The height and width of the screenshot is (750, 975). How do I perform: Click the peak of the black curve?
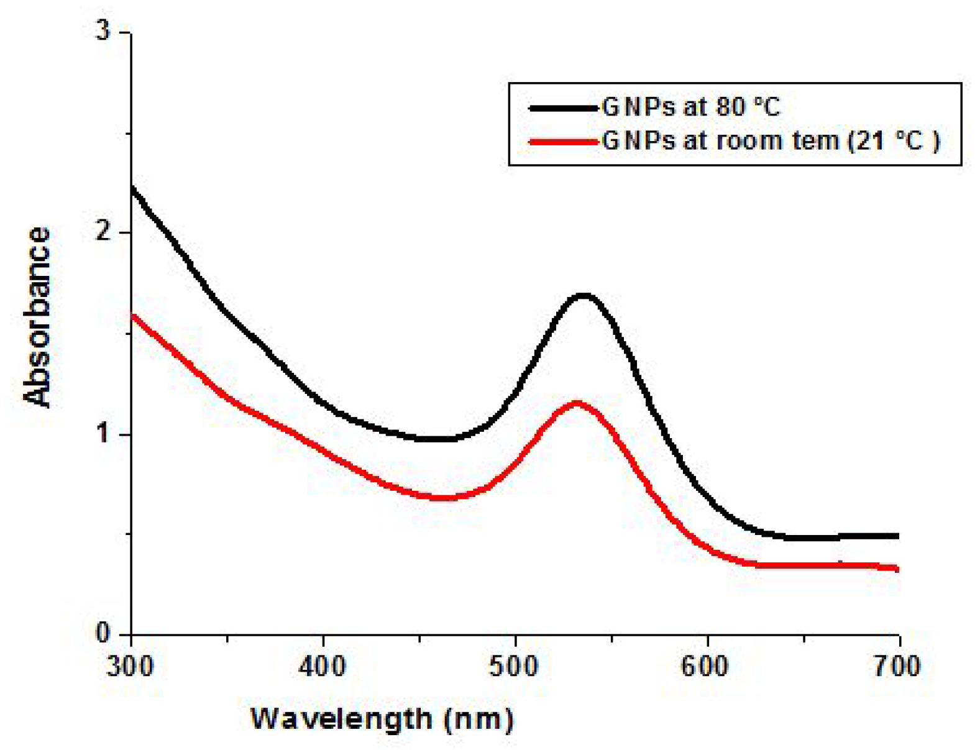tap(583, 296)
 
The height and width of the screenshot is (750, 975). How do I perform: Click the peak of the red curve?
tap(577, 404)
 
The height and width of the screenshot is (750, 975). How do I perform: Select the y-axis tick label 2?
tap(103, 232)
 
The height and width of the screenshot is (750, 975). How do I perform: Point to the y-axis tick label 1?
tap(103, 433)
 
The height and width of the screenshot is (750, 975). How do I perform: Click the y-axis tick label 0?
tap(103, 634)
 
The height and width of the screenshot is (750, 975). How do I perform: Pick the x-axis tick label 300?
tap(130, 666)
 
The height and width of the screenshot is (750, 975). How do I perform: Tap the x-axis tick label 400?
tap(323, 666)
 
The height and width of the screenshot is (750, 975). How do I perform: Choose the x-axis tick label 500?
tap(515, 666)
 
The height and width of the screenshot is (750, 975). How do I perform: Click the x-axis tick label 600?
tap(707, 666)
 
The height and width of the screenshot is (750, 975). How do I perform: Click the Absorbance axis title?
tap(37, 317)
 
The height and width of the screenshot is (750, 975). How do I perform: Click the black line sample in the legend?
tap(563, 108)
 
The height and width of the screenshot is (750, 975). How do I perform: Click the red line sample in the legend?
tap(563, 142)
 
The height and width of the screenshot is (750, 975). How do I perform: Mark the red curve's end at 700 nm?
tap(897, 568)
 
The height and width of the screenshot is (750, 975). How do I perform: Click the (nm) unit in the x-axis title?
tap(479, 720)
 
